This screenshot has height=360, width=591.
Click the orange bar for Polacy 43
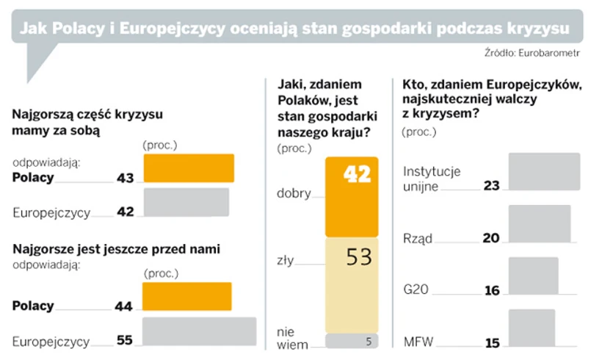coord(188,168)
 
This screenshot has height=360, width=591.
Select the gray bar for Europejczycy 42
coord(186,204)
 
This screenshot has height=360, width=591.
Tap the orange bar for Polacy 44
coord(186,297)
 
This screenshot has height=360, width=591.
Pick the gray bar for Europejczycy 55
coord(199,333)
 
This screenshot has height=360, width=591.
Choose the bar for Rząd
coord(540,224)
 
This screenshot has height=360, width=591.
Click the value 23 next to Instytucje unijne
coord(491,187)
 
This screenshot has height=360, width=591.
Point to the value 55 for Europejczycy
coord(125,341)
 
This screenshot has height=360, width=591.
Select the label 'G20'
coord(416,290)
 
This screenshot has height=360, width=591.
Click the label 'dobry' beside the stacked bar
coord(294,194)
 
